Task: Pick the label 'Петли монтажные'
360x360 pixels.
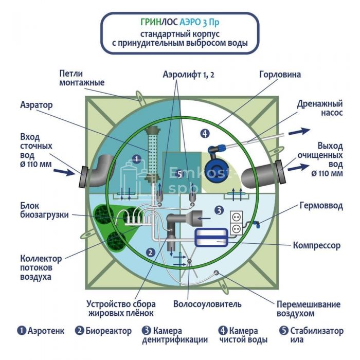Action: click(82, 78)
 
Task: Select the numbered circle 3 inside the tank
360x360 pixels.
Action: click(218, 210)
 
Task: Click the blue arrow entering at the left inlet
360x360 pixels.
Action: click(65, 172)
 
